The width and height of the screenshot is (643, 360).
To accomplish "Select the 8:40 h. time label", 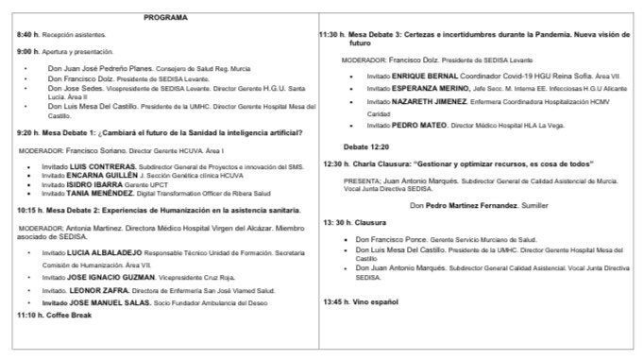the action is pos(31,34).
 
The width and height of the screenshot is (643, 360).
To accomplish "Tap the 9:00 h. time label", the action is pos(31,50).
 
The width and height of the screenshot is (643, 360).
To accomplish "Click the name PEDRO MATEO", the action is pos(420,125).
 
